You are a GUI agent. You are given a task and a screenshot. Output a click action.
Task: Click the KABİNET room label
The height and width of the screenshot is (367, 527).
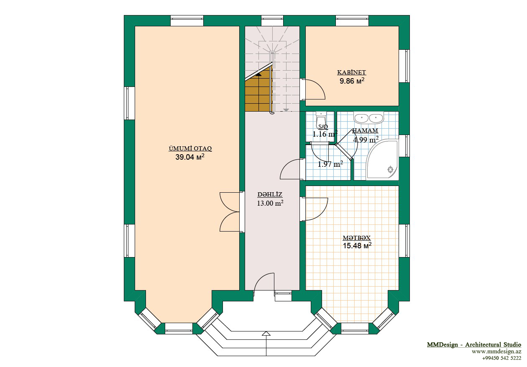tap(351, 72)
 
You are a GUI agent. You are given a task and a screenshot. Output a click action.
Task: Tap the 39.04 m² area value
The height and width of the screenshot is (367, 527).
tap(190, 157)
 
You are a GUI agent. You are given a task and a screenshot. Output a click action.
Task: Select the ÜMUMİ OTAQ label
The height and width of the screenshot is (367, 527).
tap(190, 148)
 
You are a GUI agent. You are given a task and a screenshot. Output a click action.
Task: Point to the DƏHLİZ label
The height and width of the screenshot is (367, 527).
tap(270, 194)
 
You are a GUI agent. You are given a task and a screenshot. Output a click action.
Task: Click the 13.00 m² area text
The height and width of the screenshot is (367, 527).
tap(270, 203)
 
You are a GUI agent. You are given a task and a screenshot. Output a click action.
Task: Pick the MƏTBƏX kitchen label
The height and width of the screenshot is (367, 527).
tap(357, 238)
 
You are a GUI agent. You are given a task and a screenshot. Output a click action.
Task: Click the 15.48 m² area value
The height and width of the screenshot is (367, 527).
tap(357, 246)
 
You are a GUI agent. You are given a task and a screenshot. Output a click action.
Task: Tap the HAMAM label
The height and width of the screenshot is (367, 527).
tap(365, 130)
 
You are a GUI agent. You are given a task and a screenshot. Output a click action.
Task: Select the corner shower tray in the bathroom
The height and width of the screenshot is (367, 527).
tap(382, 160)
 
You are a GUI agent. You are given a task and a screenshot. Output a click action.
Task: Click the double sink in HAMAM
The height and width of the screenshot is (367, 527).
tap(369, 117)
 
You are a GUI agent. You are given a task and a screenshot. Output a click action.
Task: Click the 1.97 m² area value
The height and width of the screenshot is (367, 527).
tap(330, 164)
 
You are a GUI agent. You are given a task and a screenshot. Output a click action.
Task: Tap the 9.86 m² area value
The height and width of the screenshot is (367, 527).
tap(352, 81)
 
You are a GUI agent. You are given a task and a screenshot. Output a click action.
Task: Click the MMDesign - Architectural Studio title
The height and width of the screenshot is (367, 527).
tap(474, 345)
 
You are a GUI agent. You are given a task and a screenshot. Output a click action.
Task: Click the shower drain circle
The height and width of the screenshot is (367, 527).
tap(391, 169)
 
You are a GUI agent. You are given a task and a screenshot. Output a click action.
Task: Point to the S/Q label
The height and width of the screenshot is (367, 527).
tap(323, 127)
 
